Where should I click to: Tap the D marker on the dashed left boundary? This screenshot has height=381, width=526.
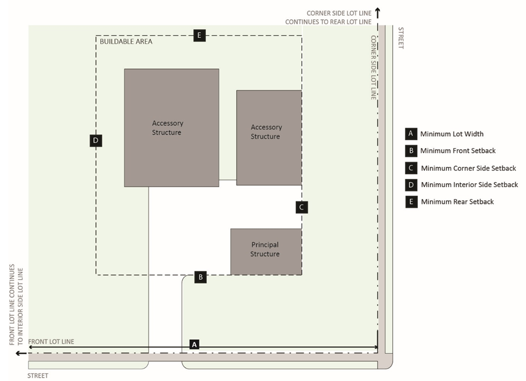96,141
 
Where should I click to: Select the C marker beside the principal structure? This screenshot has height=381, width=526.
301,207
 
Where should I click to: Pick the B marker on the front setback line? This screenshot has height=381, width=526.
201,277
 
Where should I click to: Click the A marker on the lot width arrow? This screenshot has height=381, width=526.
194,344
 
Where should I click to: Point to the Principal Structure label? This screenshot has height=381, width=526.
265,249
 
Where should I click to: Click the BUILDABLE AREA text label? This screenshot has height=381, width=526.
126,41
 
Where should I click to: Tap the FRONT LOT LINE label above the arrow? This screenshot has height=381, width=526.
51,341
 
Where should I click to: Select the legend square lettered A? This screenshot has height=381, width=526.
411,134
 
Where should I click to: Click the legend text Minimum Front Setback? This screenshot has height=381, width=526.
457,151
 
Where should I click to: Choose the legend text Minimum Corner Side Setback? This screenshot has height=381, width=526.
469,168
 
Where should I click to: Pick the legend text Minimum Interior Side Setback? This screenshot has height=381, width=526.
469,185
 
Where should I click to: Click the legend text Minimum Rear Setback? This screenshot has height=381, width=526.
457,202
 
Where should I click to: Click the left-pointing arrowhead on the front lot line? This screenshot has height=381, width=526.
19,353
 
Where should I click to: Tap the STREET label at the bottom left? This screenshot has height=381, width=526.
38,376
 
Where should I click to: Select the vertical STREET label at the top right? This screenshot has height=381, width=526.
400,37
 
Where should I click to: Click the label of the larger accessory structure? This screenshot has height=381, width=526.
167,128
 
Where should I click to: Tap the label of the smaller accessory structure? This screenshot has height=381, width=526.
266,132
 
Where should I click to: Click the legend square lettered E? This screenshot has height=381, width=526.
411,202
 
